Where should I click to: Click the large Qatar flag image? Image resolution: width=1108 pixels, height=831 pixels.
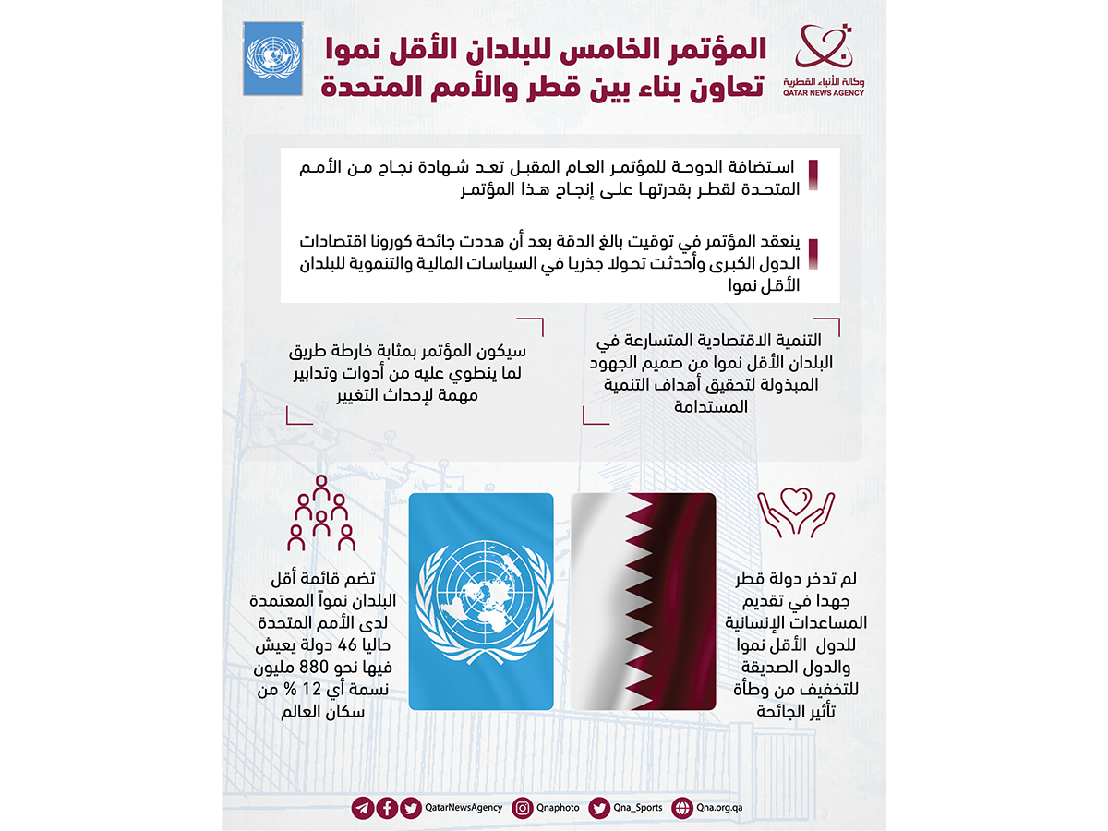coord(643,601)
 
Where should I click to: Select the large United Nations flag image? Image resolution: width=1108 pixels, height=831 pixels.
coord(480,601)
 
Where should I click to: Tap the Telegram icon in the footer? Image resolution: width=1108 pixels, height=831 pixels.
coord(363,808)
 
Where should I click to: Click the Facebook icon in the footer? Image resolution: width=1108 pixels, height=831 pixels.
coord(387,808)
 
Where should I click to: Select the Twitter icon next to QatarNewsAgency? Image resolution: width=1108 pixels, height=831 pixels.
coord(411,808)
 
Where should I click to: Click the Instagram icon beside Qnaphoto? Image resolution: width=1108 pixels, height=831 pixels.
coord(523,808)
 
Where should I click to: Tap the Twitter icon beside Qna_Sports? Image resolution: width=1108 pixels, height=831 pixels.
coord(600,808)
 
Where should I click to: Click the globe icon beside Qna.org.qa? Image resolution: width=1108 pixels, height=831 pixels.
coord(682,808)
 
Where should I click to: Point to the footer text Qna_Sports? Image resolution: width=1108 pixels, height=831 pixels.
coord(638,808)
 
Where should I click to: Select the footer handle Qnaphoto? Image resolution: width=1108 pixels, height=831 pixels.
coord(559,808)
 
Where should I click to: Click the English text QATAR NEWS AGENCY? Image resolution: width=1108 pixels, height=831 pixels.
coord(825,93)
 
